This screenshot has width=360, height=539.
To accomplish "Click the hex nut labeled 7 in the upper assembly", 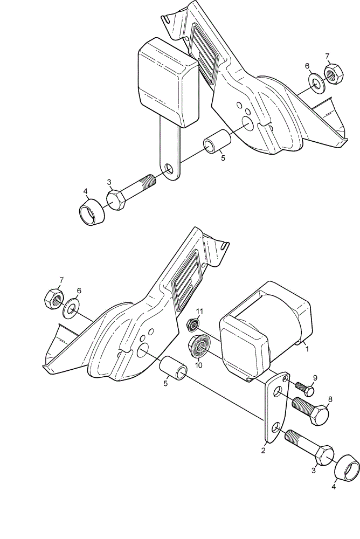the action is click(x=333, y=73).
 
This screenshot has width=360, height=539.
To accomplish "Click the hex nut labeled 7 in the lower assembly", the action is click(x=54, y=299).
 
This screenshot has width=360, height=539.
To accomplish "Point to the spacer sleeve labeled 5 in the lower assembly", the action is click(x=174, y=369).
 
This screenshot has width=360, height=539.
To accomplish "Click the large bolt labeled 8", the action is click(x=310, y=410).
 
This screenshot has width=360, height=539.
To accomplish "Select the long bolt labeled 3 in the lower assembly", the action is click(x=309, y=446).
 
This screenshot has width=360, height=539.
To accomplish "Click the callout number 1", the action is click(x=307, y=349).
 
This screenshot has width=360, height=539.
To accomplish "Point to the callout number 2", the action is click(x=264, y=450).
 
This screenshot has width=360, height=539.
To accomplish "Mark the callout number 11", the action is click(x=199, y=312).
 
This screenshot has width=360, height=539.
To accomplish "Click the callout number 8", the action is click(x=330, y=399).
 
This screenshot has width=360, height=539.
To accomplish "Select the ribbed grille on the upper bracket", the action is click(x=204, y=52).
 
